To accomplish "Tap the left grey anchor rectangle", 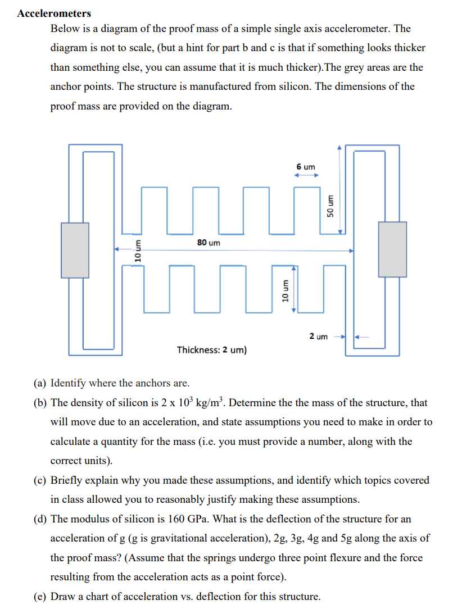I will (75, 250).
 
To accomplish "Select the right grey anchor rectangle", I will (392, 249).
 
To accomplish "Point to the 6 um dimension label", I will (306, 167).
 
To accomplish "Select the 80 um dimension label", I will (209, 242).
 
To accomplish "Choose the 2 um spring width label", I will (318, 337).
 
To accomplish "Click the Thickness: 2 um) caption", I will (211, 350).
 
